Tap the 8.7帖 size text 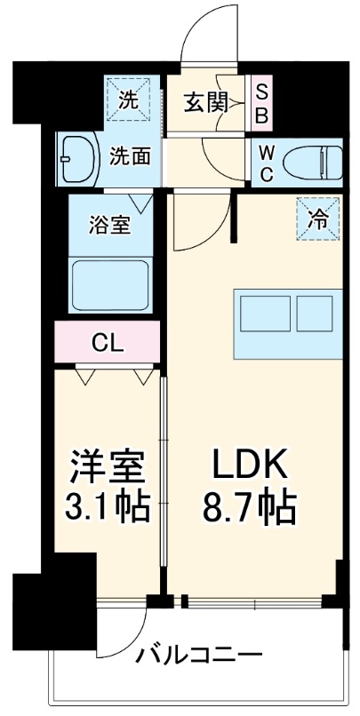(250, 509)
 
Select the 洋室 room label (104, 467)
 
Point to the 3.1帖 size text (104, 509)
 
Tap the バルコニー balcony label (198, 657)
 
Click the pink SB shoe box (262, 103)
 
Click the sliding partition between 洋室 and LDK (163, 480)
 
